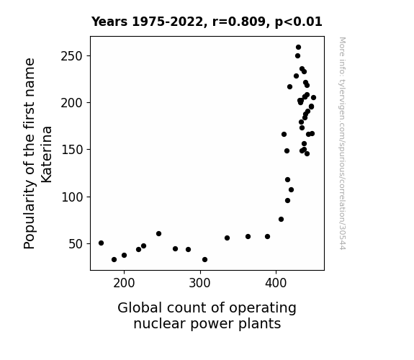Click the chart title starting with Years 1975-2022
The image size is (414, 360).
[x=207, y=22]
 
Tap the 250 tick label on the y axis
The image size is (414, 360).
[x=72, y=56]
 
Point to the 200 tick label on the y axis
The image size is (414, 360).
[x=72, y=103]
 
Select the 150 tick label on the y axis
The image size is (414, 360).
[x=72, y=150]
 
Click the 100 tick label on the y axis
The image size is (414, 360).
[x=72, y=197]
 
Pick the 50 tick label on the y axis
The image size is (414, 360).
[x=76, y=244]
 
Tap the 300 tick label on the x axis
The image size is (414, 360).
[x=200, y=284]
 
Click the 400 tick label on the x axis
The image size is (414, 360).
[x=276, y=284]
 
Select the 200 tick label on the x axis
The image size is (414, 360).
[x=124, y=284]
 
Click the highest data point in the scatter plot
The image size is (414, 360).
[x=298, y=48]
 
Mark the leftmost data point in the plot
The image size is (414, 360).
[x=101, y=243]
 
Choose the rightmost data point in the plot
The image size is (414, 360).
[x=313, y=98]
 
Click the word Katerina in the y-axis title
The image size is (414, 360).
[x=47, y=155]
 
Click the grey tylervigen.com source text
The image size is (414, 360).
[x=342, y=143]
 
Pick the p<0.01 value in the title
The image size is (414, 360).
[x=299, y=22]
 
